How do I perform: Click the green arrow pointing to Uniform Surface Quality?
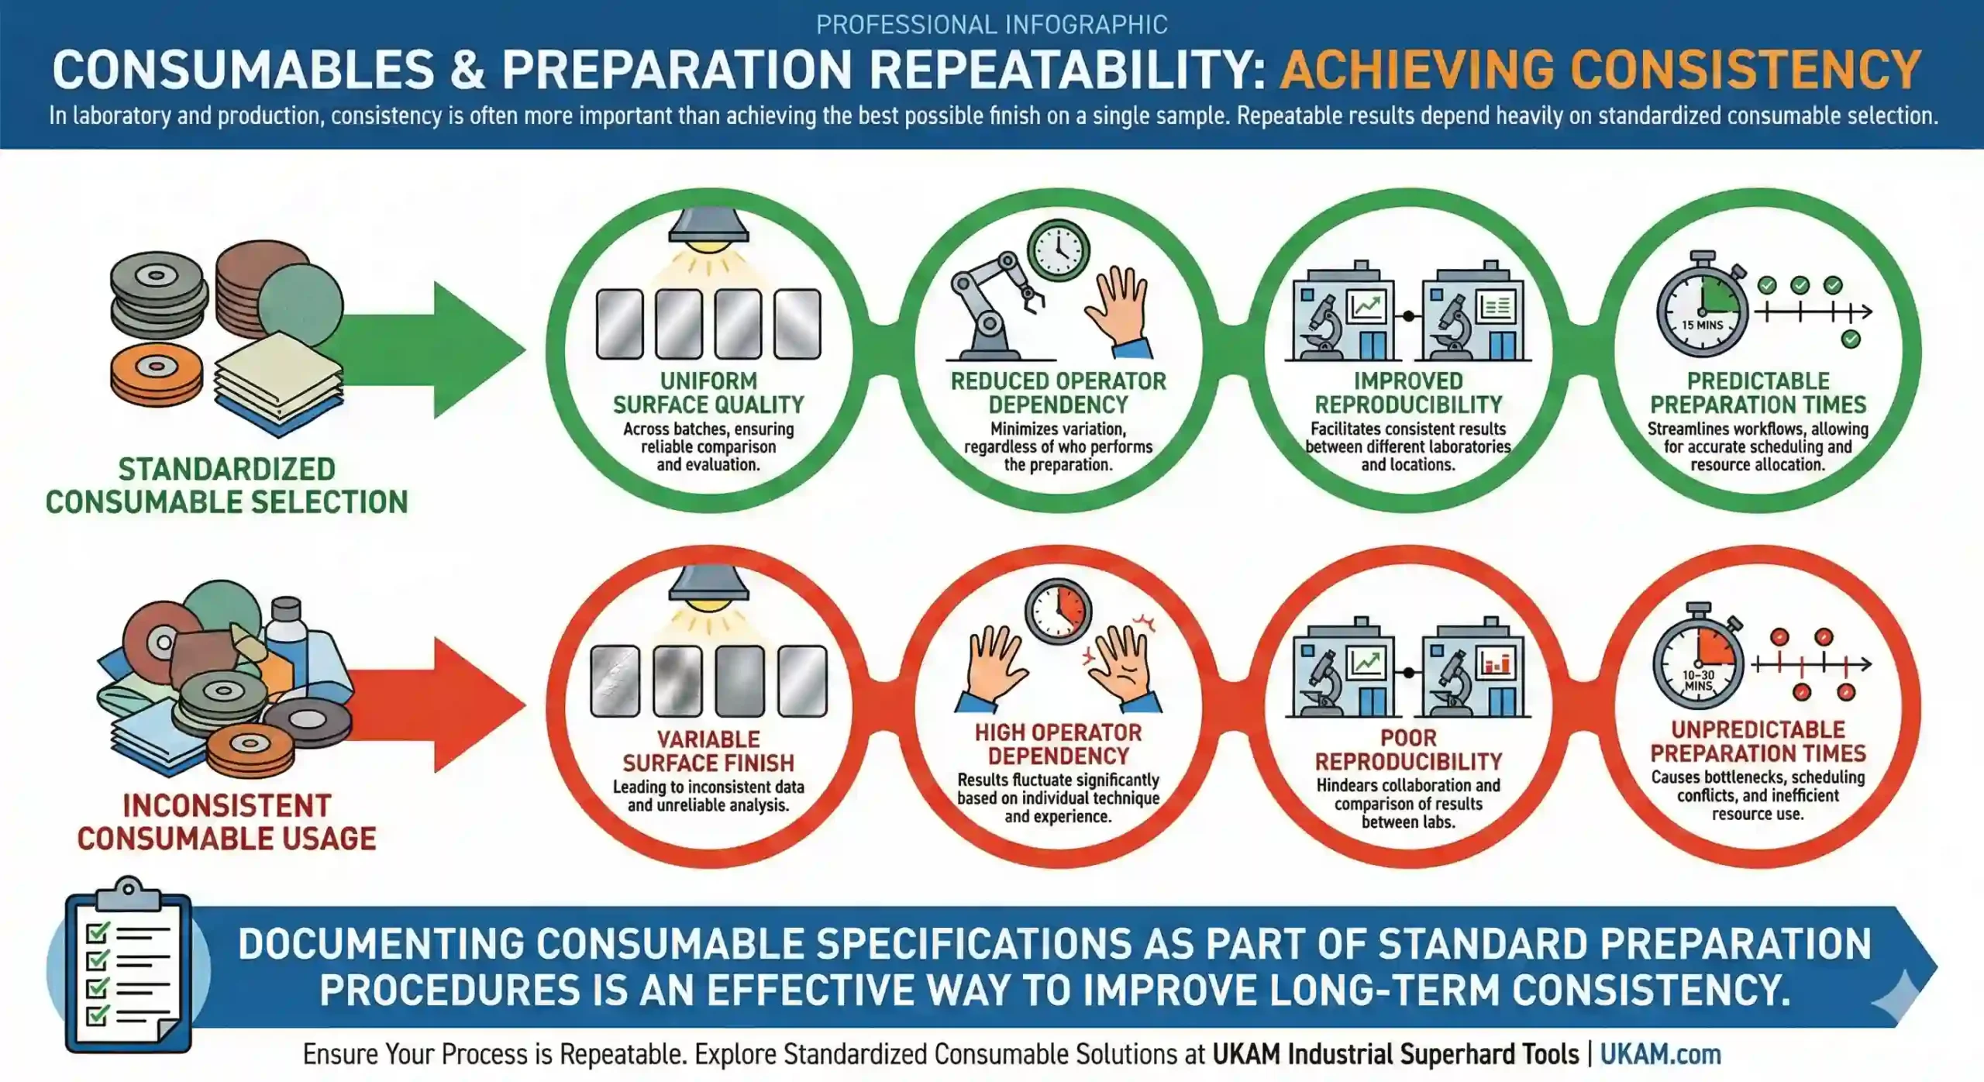click(434, 350)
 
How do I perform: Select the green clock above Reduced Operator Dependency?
click(1059, 250)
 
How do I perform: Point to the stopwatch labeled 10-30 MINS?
click(1699, 665)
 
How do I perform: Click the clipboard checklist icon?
click(129, 965)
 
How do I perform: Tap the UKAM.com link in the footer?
click(1660, 1054)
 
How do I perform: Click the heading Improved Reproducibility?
click(1408, 393)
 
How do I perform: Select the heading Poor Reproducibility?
click(1408, 749)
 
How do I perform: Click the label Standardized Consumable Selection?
click(226, 486)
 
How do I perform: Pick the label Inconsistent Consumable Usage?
click(226, 822)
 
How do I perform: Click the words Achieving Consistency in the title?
click(1600, 70)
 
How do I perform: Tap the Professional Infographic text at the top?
click(992, 25)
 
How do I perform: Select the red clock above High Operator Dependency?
click(1059, 612)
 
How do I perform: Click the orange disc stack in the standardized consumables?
click(157, 375)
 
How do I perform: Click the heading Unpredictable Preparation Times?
click(1758, 742)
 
